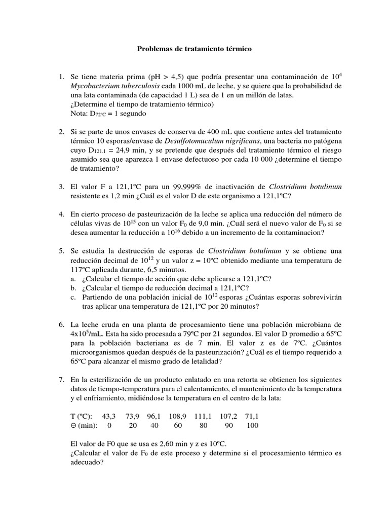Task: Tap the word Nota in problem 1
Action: [80, 114]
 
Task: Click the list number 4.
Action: [61, 214]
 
